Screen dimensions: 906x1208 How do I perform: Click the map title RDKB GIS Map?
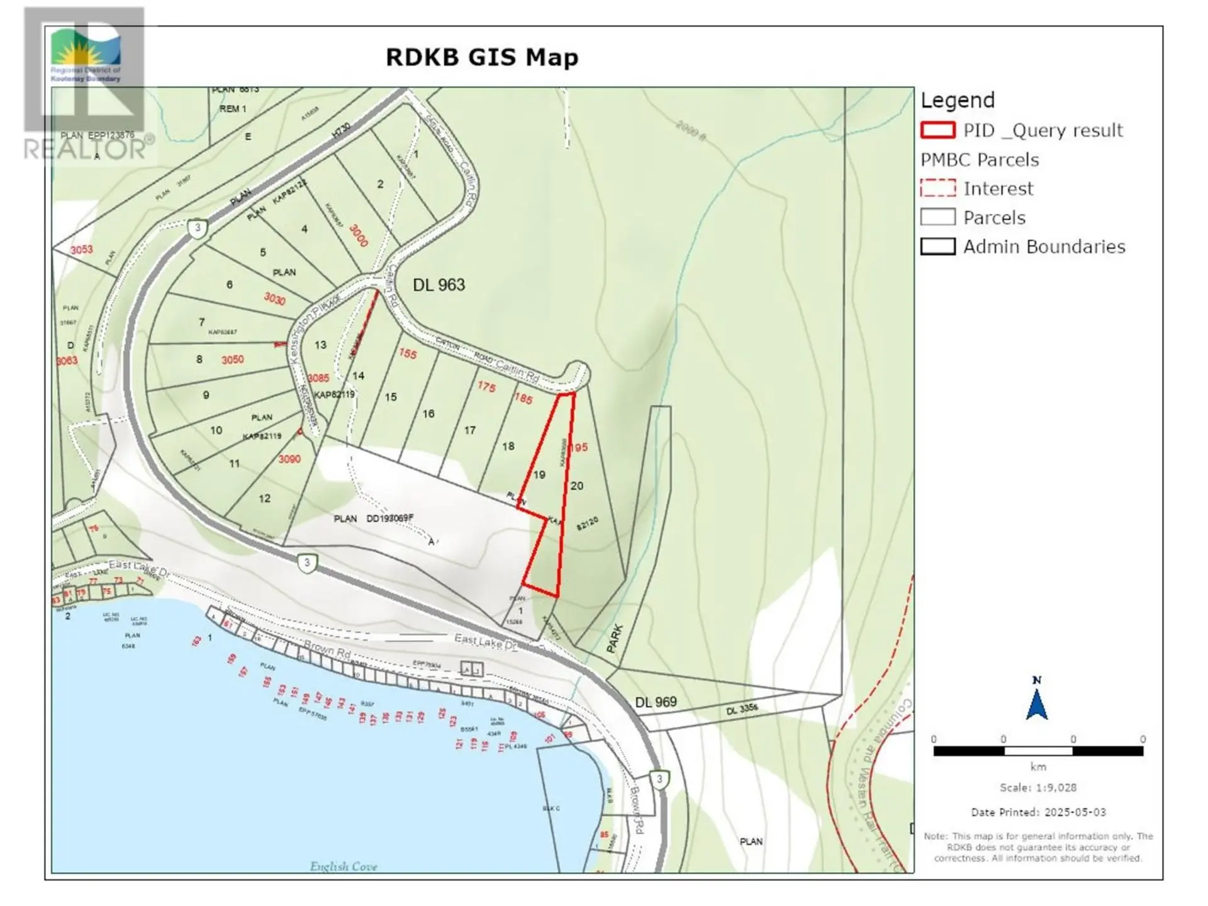(x=481, y=57)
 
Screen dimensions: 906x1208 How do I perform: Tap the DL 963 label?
(x=439, y=285)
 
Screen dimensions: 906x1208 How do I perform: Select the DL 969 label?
(x=656, y=702)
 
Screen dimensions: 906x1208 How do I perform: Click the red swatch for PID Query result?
(x=937, y=130)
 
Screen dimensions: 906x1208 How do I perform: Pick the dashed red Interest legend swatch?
(x=937, y=188)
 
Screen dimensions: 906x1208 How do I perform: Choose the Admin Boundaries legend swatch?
(x=937, y=246)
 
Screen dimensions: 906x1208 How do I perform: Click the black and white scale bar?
(x=1037, y=751)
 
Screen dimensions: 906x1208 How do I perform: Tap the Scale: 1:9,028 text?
(x=1037, y=788)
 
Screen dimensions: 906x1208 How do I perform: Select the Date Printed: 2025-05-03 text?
(x=1037, y=812)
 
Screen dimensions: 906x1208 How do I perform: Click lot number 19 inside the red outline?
(x=539, y=475)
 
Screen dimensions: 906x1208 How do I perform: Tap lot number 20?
(x=577, y=486)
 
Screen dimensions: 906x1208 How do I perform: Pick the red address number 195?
(x=578, y=447)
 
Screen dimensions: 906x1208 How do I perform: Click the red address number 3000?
(x=358, y=236)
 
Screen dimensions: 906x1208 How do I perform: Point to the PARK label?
(x=615, y=638)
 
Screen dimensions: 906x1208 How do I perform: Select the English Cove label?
(x=343, y=866)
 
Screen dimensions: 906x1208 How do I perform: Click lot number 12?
(x=264, y=498)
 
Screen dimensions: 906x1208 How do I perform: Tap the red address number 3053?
(x=81, y=250)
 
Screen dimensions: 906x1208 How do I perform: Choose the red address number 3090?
(x=289, y=459)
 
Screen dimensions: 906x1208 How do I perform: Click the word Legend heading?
(x=958, y=101)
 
